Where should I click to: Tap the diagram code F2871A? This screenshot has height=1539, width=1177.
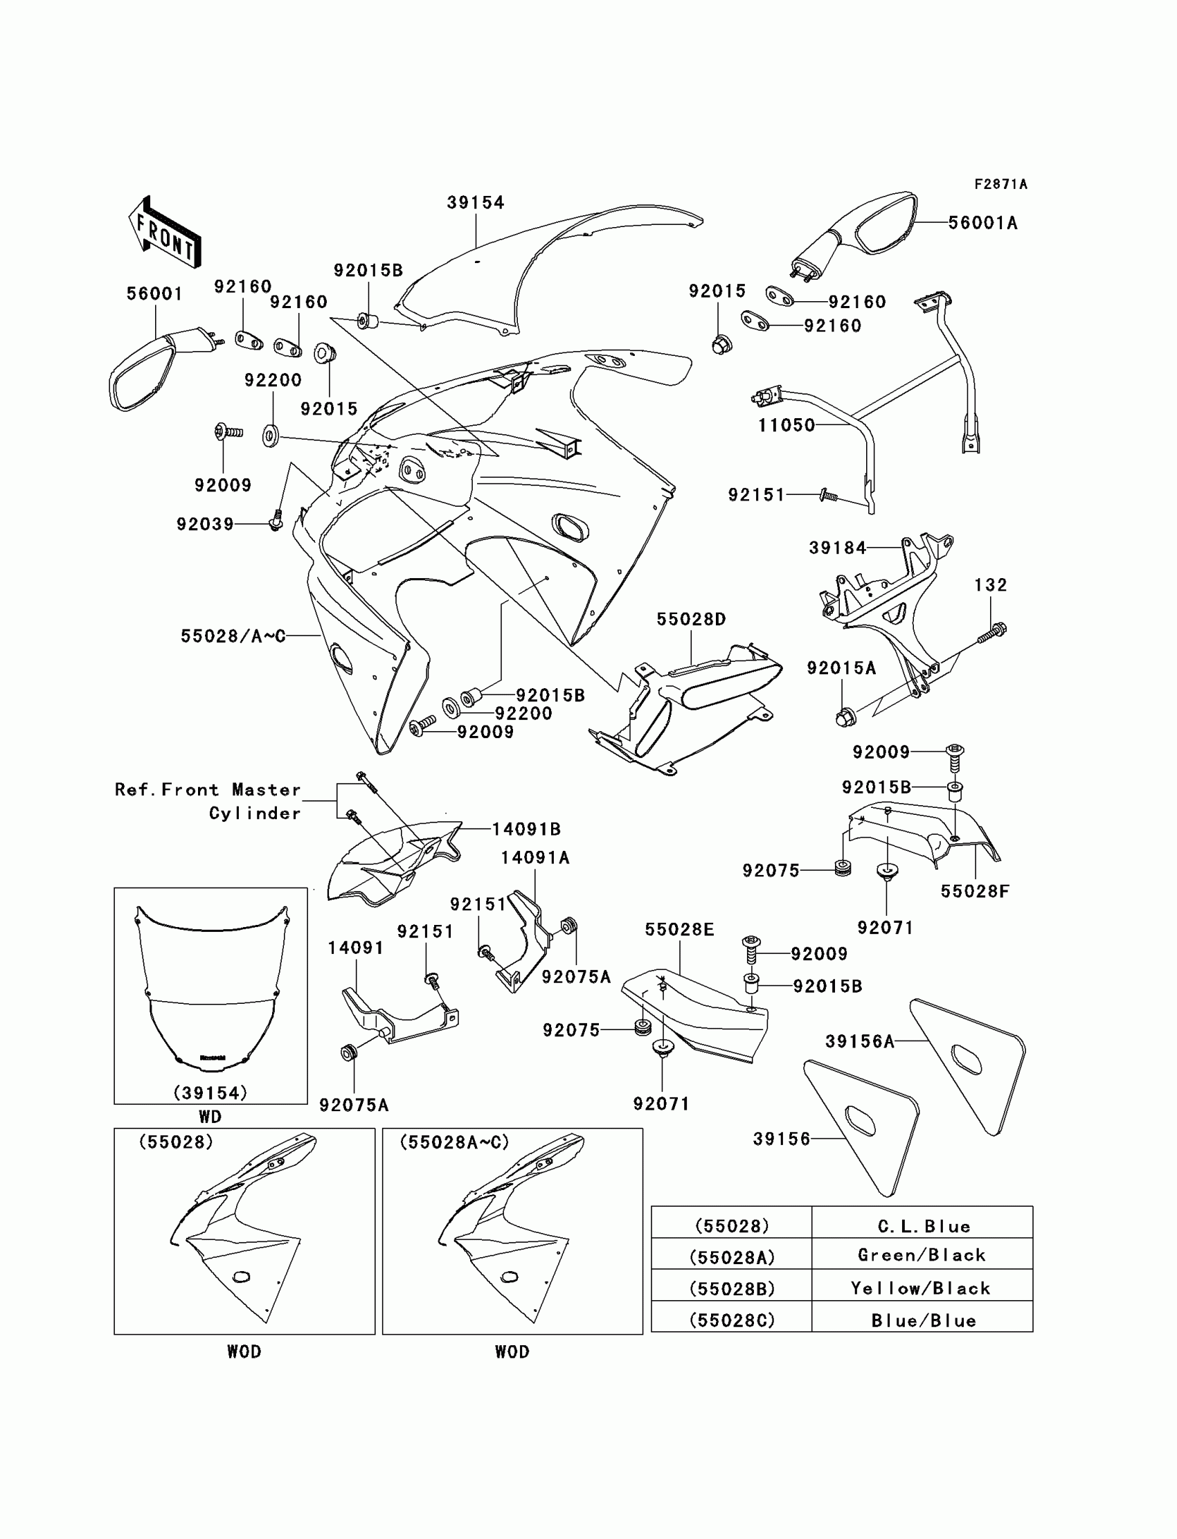[1000, 184]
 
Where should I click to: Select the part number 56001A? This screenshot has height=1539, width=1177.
[982, 223]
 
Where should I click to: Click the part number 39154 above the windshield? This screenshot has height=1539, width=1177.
[476, 202]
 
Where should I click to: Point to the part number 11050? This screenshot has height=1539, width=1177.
[786, 425]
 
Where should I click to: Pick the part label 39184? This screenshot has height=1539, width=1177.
[838, 548]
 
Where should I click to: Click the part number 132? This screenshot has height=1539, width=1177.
[990, 585]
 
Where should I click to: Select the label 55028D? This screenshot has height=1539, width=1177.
[691, 619]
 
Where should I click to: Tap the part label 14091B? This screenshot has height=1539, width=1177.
[526, 829]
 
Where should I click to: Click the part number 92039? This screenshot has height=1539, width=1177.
[205, 524]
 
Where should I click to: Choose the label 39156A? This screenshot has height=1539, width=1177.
[860, 1042]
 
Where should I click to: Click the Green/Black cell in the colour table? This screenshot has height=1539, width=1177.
[922, 1254]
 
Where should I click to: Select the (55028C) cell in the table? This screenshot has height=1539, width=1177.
[731, 1320]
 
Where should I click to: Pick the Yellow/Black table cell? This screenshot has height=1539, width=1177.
[922, 1288]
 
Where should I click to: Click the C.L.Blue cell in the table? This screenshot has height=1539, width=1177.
[923, 1226]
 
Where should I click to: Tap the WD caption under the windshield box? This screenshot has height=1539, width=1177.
[210, 1117]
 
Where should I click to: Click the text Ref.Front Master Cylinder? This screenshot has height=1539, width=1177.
[209, 802]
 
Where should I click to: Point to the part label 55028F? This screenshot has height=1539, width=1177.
[975, 891]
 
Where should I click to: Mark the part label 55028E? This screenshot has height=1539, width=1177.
[680, 930]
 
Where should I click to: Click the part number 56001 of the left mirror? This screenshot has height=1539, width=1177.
[154, 294]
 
